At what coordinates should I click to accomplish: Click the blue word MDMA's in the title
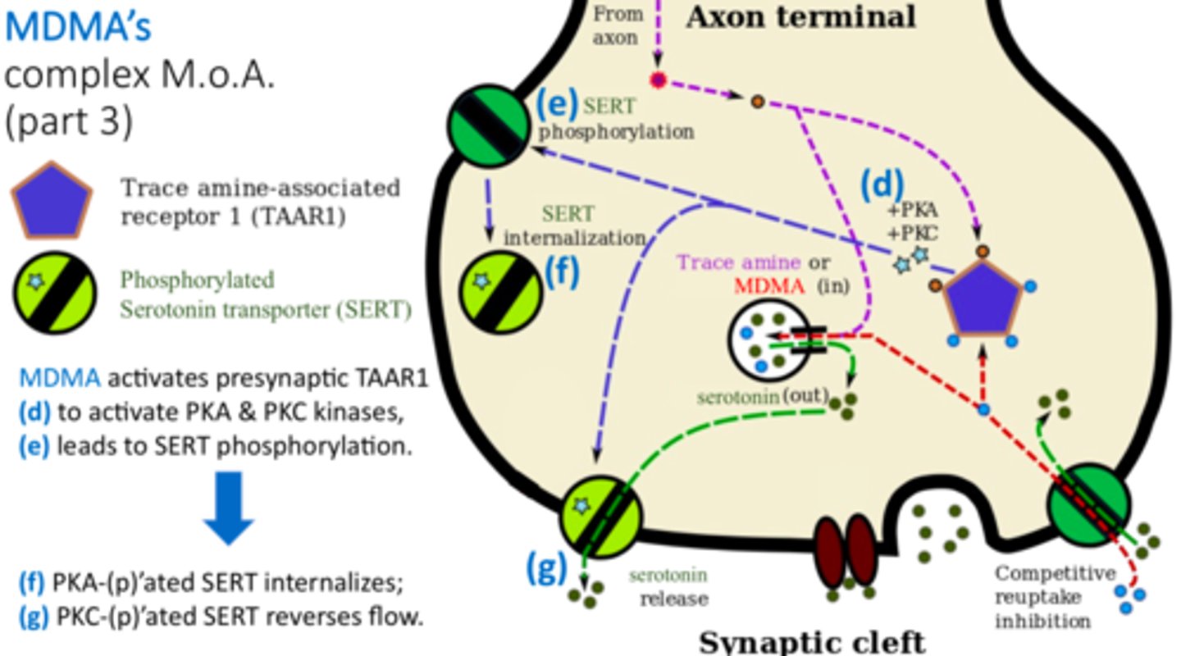[x=79, y=26]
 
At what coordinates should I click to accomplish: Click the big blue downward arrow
[x=229, y=508]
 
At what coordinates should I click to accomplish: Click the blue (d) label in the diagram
[x=881, y=184]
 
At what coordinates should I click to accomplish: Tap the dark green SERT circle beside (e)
[x=489, y=124]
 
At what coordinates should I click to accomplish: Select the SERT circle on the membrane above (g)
[x=601, y=513]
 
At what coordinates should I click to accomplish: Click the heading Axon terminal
[x=800, y=16]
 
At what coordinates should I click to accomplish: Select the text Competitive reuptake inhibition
[x=1043, y=597]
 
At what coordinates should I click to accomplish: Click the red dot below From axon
[x=658, y=80]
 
